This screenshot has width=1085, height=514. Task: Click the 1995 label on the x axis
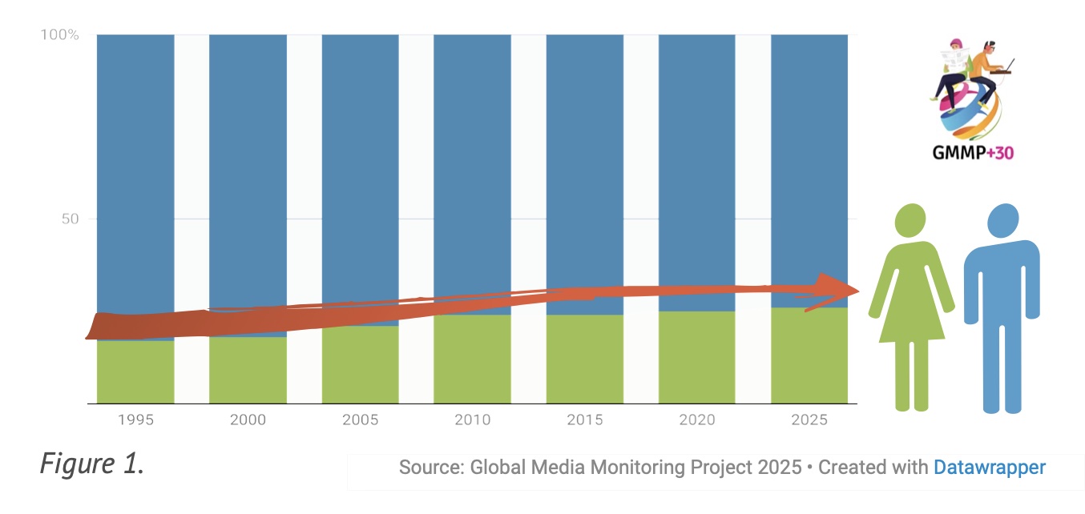[x=135, y=420]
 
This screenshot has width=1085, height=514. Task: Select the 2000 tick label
[x=248, y=420]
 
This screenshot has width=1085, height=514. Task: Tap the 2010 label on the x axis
[x=472, y=420]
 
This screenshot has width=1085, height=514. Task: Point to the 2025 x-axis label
[x=809, y=420]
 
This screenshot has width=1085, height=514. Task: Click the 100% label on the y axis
[x=60, y=35]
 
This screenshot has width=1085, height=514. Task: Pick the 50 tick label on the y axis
[x=71, y=219]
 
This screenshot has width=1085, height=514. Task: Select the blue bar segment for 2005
[x=360, y=160]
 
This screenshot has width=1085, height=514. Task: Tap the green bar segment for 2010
[x=472, y=360]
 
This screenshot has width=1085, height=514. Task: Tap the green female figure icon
[x=911, y=304]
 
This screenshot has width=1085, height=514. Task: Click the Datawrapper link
[x=989, y=467]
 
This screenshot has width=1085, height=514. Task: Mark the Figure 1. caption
[x=92, y=464]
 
